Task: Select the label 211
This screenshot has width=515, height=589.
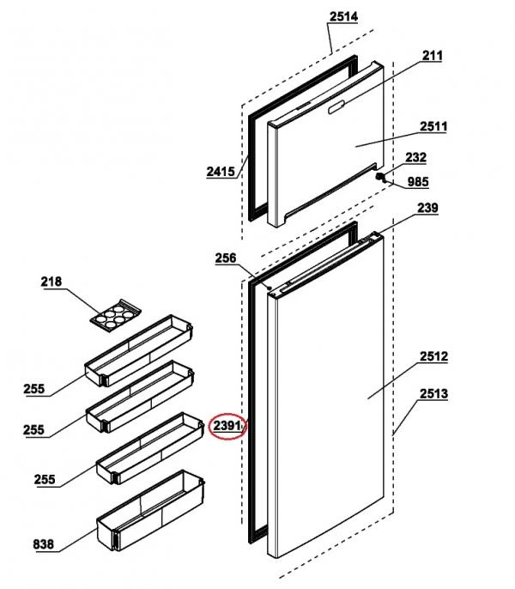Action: click(432, 57)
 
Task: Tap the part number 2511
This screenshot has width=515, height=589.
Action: click(433, 127)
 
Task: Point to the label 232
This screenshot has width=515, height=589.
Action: click(415, 157)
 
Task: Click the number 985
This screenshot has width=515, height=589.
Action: click(418, 181)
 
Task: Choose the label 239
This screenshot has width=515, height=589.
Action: click(427, 209)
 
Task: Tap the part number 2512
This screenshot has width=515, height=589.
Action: click(433, 355)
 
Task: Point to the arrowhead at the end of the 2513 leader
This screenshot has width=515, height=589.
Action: click(393, 436)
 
